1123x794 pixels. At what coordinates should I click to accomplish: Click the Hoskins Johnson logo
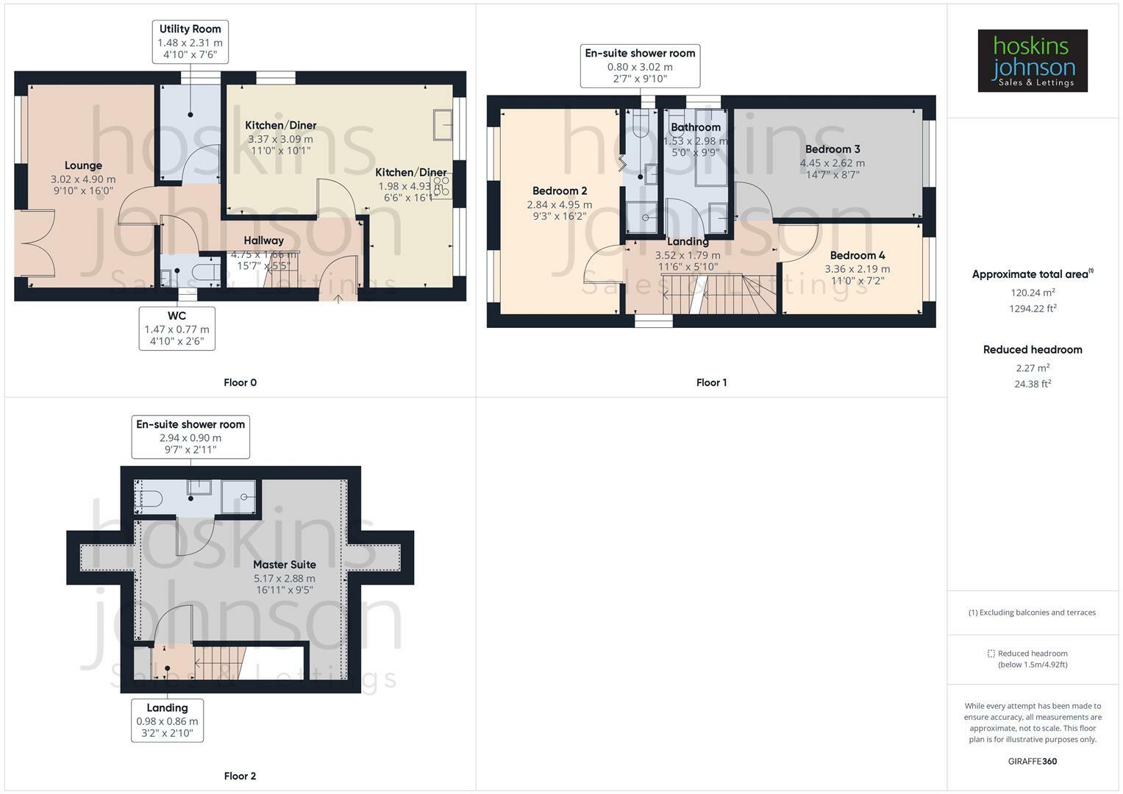pos(1032,60)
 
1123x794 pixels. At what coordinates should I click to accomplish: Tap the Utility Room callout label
pos(190,42)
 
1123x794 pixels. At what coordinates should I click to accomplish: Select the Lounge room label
pos(83,166)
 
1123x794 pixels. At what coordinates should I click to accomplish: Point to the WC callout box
pos(177,329)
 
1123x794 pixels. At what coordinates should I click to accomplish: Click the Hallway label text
pos(263,240)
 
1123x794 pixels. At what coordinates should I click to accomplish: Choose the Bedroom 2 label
pos(560,191)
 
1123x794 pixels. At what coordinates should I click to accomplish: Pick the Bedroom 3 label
pos(833,149)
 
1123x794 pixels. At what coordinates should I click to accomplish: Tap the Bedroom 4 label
pos(858,256)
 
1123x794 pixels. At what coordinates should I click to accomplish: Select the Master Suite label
pos(285,565)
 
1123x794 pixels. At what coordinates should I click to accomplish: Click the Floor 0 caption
pos(240,382)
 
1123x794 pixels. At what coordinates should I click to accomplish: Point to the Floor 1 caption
pos(711,382)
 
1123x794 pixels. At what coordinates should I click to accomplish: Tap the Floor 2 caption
pos(240,776)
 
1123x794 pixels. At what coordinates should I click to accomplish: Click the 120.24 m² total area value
pos(1033,292)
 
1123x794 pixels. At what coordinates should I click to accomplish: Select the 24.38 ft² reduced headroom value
pos(1033,384)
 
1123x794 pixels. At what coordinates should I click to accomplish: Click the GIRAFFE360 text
pos(1032,761)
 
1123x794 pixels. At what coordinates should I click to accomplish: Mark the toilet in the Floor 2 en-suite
pos(150,498)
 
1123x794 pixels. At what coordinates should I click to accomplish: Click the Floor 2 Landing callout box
pos(167,720)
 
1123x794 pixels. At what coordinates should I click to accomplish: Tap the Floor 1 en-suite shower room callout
pos(640,66)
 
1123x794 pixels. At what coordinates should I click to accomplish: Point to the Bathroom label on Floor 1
pos(695,128)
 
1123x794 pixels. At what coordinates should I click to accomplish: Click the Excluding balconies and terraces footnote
pos(1033,612)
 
